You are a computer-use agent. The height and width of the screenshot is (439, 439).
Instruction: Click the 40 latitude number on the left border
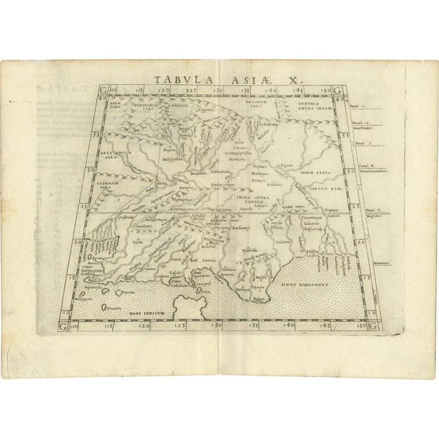tap(102, 97)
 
